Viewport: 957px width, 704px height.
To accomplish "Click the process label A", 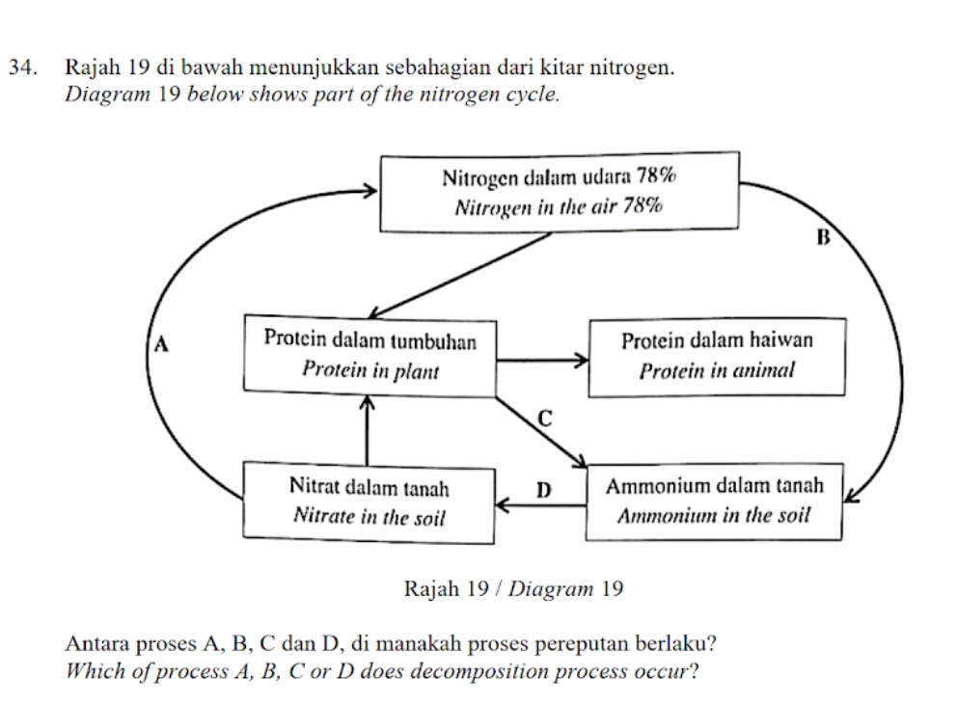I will point(161,342).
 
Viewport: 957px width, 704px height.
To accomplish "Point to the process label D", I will point(541,490).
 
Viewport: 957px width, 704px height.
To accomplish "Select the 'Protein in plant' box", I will point(369,355).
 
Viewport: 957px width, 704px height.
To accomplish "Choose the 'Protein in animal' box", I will point(716,355).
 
